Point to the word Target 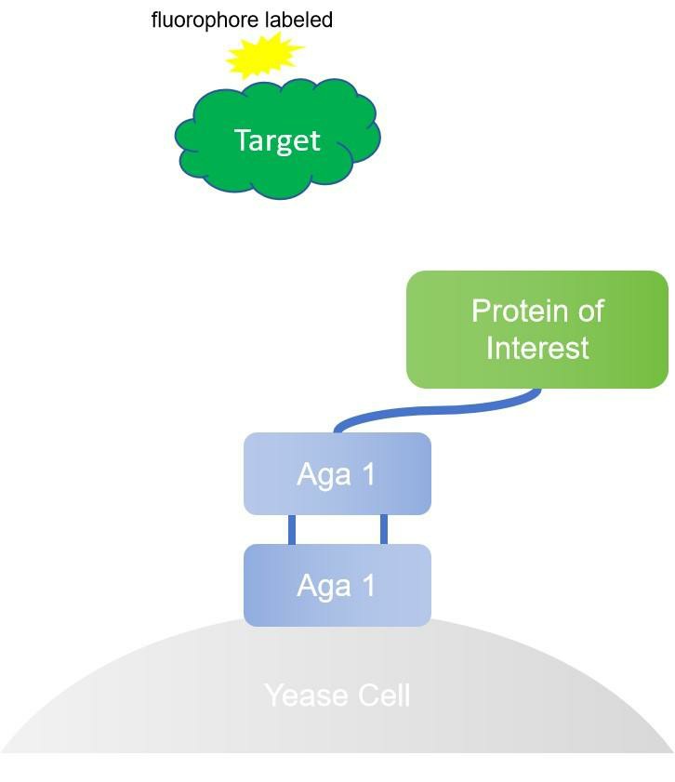click(x=277, y=139)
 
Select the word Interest click(x=537, y=348)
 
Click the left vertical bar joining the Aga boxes click(x=292, y=529)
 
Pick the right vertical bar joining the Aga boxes click(x=383, y=529)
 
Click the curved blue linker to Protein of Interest click(x=437, y=410)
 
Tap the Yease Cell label click(x=337, y=696)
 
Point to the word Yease click(x=302, y=696)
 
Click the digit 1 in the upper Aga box click(x=369, y=474)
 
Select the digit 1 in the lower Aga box click(x=369, y=586)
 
